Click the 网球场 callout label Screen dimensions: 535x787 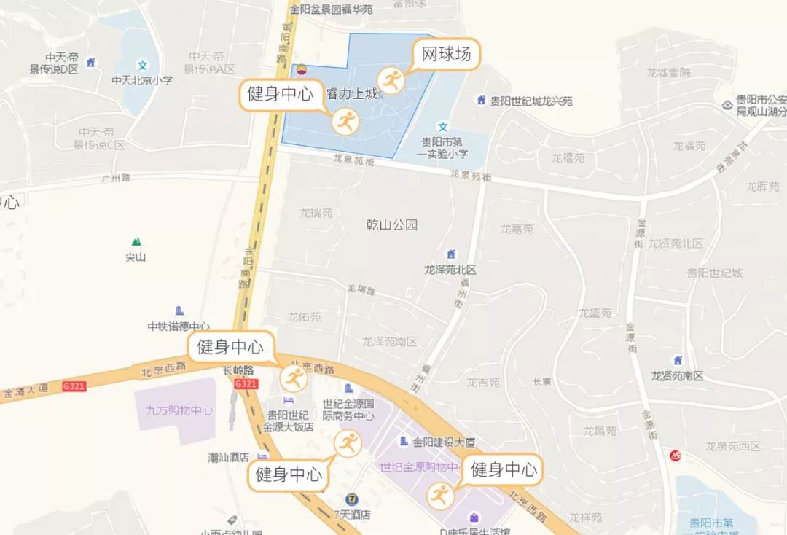click(x=447, y=54)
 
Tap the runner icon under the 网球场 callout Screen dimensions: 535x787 click(x=391, y=80)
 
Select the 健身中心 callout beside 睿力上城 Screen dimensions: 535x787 click(x=281, y=94)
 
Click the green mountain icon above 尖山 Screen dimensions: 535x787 click(x=136, y=241)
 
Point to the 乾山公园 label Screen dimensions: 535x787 click(x=392, y=225)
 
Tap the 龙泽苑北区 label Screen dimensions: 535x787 click(x=450, y=270)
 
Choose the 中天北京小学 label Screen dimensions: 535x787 click(x=142, y=80)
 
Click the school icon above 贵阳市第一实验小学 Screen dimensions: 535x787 click(x=442, y=127)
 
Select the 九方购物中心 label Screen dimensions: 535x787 click(x=174, y=410)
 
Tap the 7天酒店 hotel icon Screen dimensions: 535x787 click(x=353, y=499)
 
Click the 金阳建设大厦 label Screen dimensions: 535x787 click(x=444, y=442)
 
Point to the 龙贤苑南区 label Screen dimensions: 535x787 click(x=678, y=376)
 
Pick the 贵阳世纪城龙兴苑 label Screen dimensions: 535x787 click(x=531, y=101)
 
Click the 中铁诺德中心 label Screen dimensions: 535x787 click(x=179, y=327)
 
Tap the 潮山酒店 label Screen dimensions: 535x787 click(x=229, y=458)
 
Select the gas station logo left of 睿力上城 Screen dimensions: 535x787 click(x=298, y=71)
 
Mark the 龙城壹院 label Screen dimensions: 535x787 click(x=668, y=72)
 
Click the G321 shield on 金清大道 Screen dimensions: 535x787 click(x=74, y=386)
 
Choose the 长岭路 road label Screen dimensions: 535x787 click(x=238, y=370)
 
